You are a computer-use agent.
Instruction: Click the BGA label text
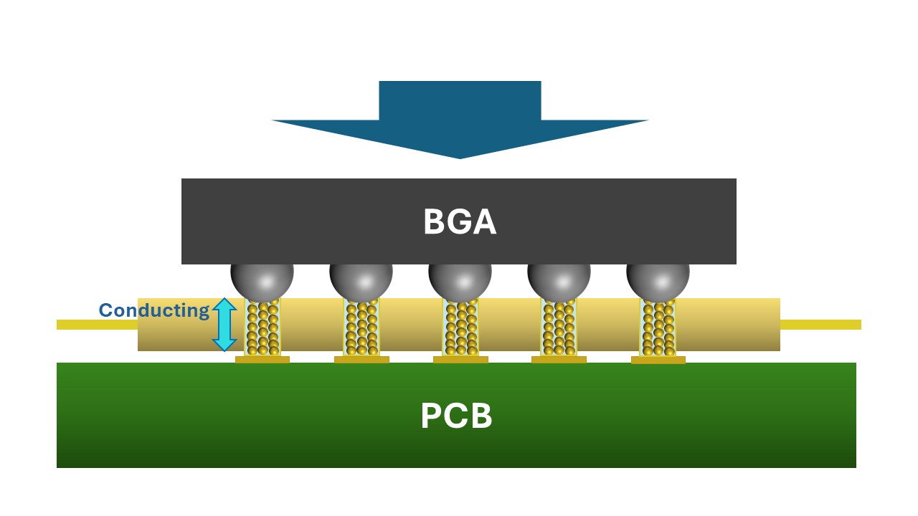[459, 222]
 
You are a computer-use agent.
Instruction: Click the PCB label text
[456, 416]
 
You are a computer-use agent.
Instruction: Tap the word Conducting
[153, 310]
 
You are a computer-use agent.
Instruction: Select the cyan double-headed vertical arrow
[224, 325]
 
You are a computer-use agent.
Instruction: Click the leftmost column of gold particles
[262, 328]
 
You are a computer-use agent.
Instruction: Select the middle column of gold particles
[460, 328]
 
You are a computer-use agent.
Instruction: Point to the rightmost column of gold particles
[658, 328]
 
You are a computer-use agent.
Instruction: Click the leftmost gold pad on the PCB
[262, 360]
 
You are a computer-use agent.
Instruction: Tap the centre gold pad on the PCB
[460, 360]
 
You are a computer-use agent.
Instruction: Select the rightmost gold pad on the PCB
[658, 360]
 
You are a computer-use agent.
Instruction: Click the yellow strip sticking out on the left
[97, 325]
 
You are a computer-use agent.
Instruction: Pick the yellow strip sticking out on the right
[820, 325]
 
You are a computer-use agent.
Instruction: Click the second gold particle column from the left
[361, 328]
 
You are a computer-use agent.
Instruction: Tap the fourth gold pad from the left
[559, 360]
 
